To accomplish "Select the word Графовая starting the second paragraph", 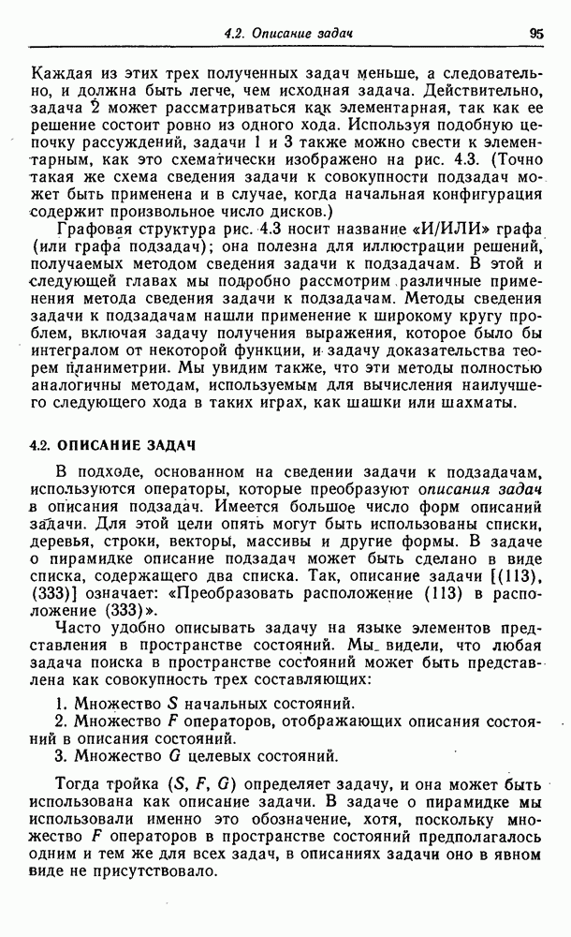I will click(91, 229).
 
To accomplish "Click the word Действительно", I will click(468, 92).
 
